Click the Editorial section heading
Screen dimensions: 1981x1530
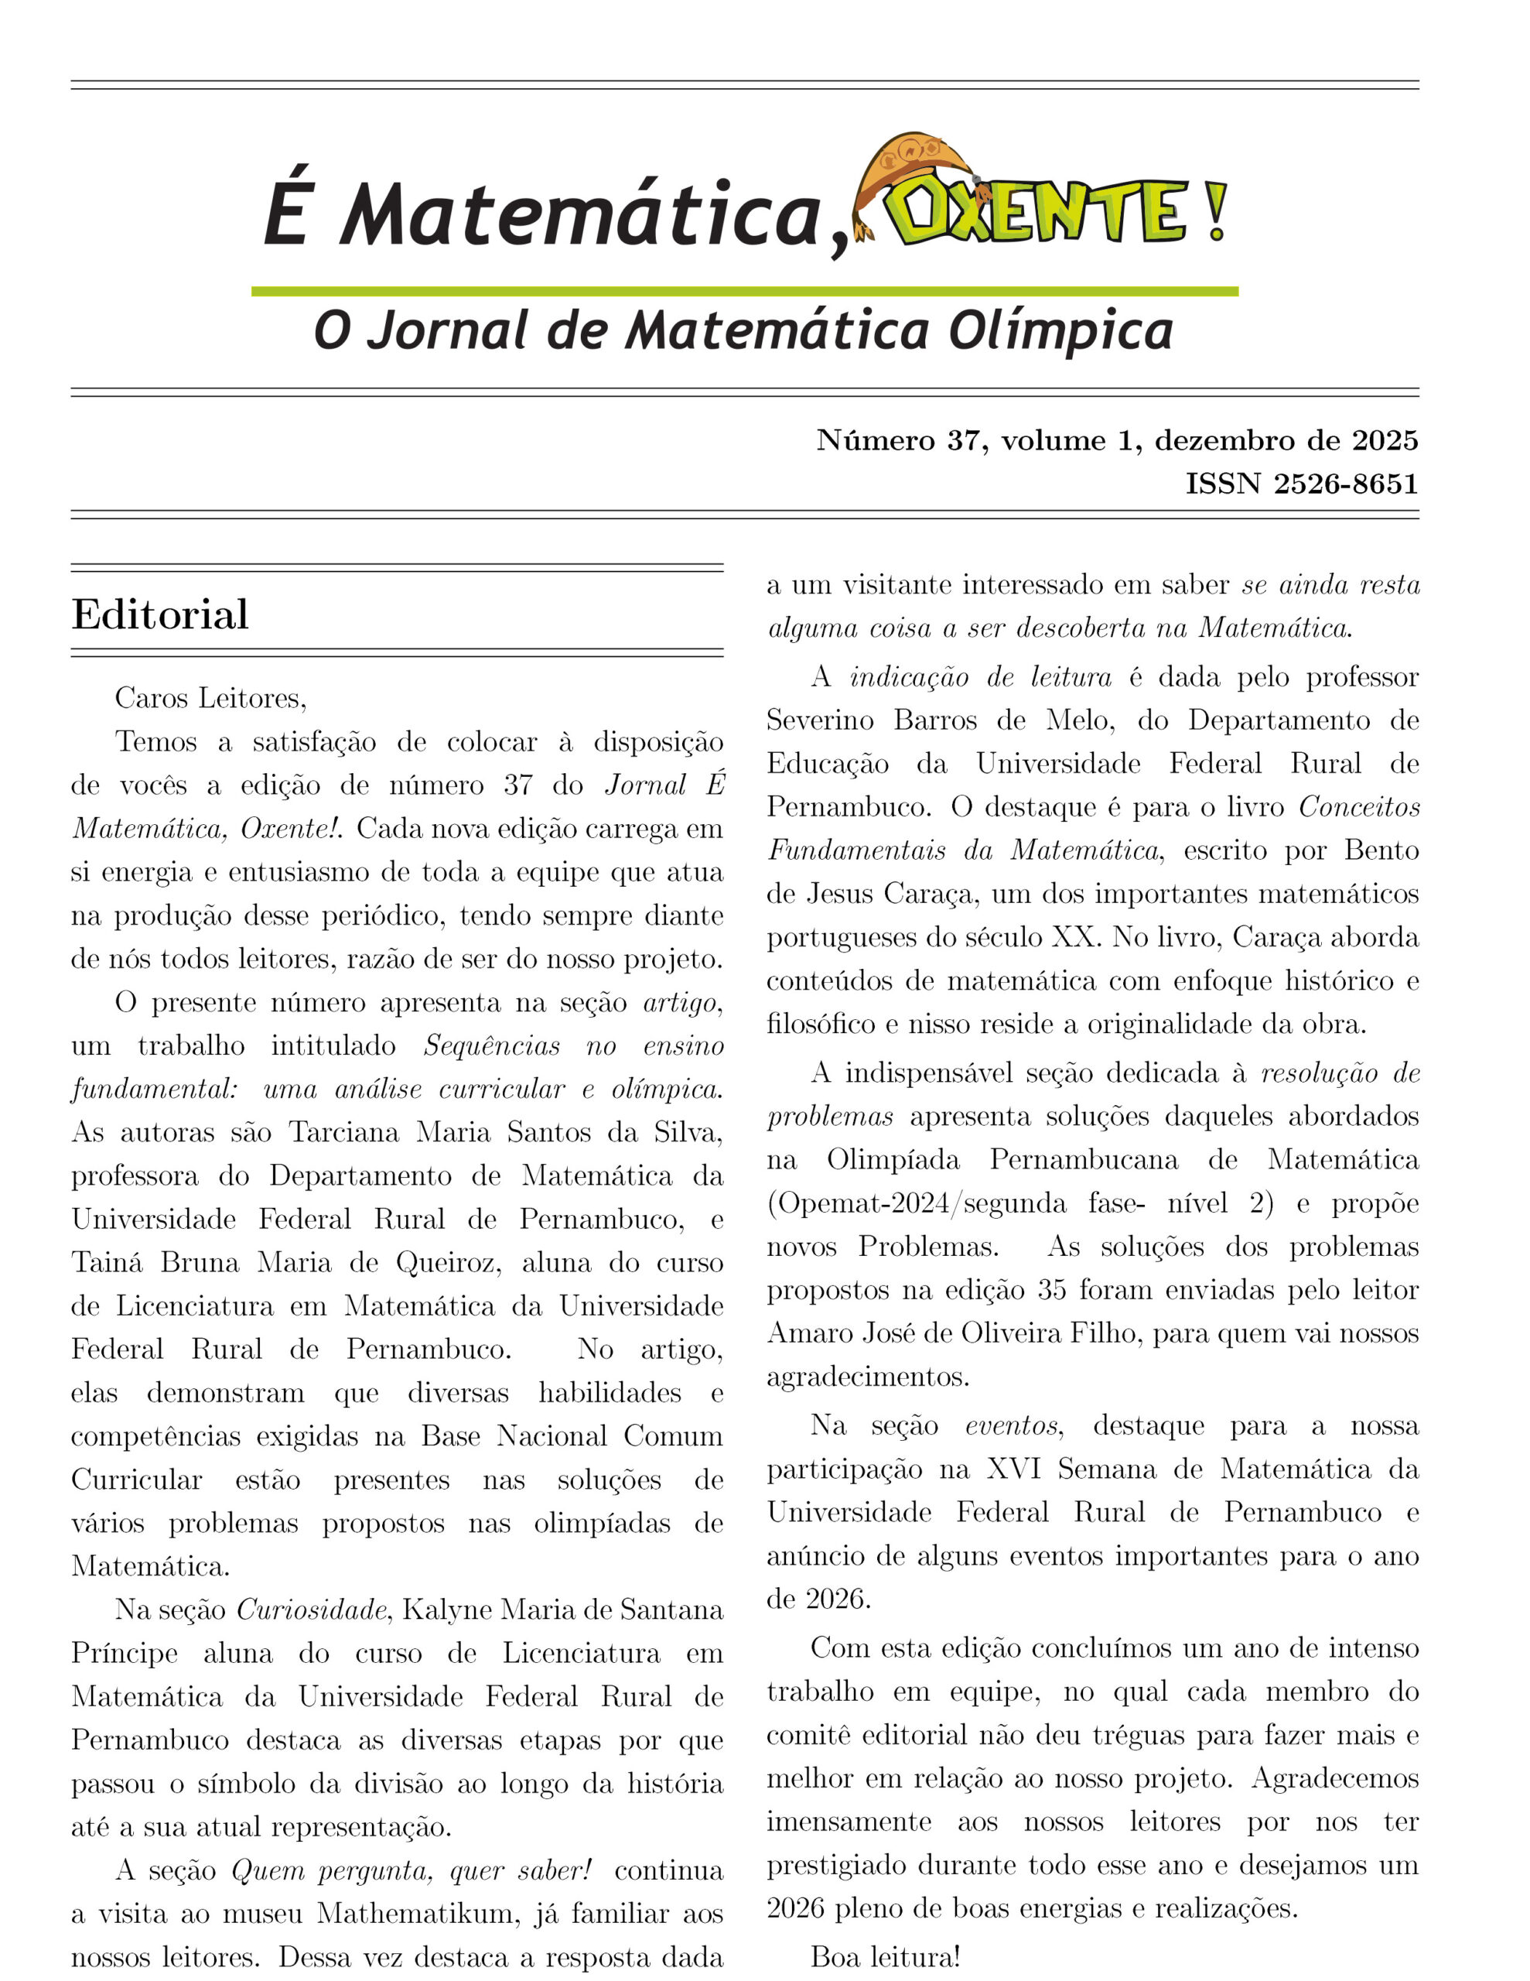[x=159, y=615]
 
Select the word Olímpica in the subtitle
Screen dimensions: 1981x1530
[x=1060, y=332]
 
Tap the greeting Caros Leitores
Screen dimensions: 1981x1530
[x=210, y=699]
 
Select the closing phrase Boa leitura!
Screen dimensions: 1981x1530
[x=884, y=1958]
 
